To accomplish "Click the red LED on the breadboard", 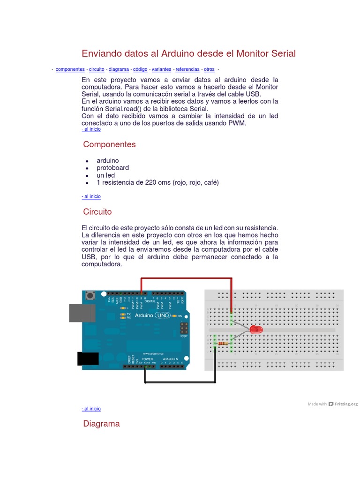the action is [x=256, y=330].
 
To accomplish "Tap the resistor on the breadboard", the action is [x=223, y=344].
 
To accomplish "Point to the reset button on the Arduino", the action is [x=90, y=295].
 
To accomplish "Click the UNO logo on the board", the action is [x=164, y=315].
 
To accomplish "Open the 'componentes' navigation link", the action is [x=70, y=69].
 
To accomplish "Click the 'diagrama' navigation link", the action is [x=119, y=69].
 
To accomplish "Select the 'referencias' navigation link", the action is [x=187, y=69].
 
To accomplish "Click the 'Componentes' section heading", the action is [x=109, y=144].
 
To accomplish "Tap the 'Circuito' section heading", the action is [x=97, y=212].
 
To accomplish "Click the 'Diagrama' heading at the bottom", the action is [x=101, y=424].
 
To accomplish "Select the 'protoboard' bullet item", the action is [x=112, y=168].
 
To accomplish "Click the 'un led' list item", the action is [x=105, y=175].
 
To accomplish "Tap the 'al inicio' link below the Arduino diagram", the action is [x=91, y=409].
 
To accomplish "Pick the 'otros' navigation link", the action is [x=209, y=69].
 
